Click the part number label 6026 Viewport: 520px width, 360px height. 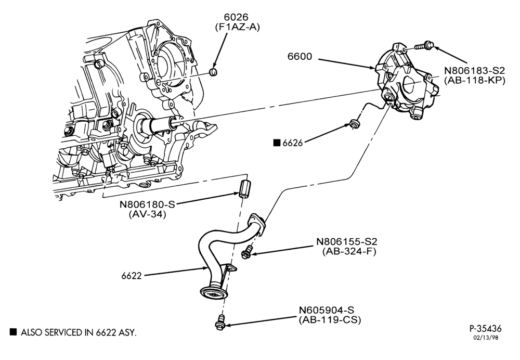click(x=236, y=17)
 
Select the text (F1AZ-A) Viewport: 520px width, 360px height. click(x=236, y=27)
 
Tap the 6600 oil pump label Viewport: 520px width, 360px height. click(x=300, y=57)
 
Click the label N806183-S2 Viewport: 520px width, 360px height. click(x=474, y=70)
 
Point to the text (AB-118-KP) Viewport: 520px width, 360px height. click(x=474, y=80)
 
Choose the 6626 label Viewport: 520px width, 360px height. click(x=292, y=143)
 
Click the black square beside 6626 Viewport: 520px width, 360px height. click(x=277, y=143)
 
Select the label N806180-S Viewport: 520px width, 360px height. click(x=147, y=204)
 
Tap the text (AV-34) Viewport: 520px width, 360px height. click(x=147, y=214)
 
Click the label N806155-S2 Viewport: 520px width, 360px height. click(x=347, y=241)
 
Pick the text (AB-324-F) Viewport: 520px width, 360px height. click(x=349, y=251)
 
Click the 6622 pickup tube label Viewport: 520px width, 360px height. click(x=132, y=276)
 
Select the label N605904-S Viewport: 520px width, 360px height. click(x=327, y=310)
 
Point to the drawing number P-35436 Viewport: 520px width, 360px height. click(x=486, y=328)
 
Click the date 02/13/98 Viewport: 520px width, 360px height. click(x=486, y=338)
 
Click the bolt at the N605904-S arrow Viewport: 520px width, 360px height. click(x=219, y=322)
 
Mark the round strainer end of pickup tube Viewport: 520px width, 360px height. click(x=213, y=293)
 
